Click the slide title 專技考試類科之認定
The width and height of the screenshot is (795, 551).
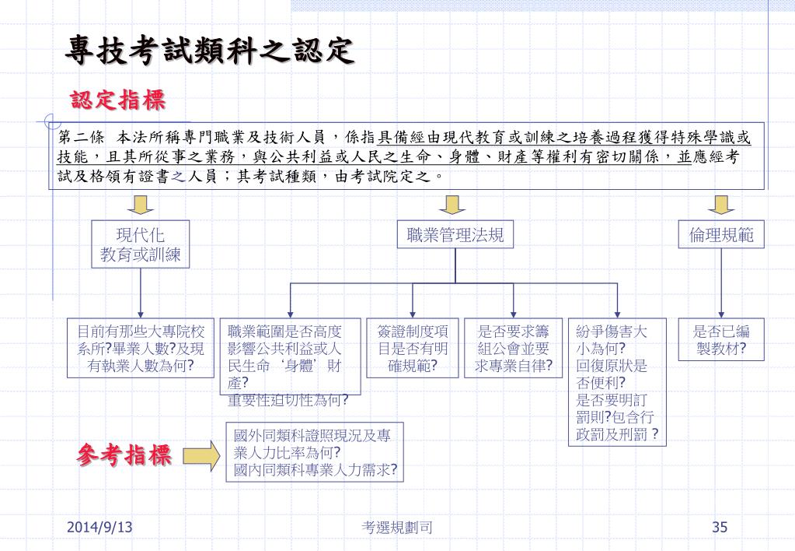tap(209, 51)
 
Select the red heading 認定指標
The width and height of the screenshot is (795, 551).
tap(118, 100)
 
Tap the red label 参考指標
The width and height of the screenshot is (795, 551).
tap(124, 455)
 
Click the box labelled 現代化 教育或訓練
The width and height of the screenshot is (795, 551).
tap(141, 244)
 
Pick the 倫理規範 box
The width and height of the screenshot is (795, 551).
tap(721, 235)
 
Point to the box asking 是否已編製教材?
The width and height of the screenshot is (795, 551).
tap(721, 340)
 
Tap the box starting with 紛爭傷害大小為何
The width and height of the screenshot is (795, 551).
tap(617, 382)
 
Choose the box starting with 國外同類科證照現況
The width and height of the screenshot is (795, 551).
tap(316, 452)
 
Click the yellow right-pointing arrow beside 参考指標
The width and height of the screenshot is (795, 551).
tap(200, 455)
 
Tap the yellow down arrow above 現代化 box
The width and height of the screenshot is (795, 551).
tap(141, 204)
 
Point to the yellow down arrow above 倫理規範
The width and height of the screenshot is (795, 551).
tap(721, 204)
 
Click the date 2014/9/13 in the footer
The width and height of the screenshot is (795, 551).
tap(99, 528)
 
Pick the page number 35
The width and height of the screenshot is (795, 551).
tap(720, 528)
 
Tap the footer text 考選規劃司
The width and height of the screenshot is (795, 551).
tap(397, 528)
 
